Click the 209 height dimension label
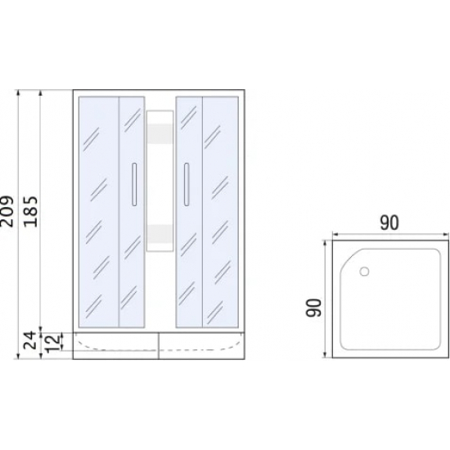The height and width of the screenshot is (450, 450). [7, 212]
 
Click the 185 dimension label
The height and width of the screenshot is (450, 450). [31, 212]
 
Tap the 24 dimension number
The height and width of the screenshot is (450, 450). [30, 340]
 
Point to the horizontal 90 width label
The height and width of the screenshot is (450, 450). [389, 223]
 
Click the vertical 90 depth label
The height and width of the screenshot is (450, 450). [313, 308]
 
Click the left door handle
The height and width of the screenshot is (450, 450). [134, 185]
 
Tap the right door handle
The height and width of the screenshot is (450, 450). [187, 185]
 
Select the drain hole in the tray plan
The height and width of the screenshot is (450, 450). [364, 271]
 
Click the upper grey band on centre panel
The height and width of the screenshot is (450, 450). [160, 133]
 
